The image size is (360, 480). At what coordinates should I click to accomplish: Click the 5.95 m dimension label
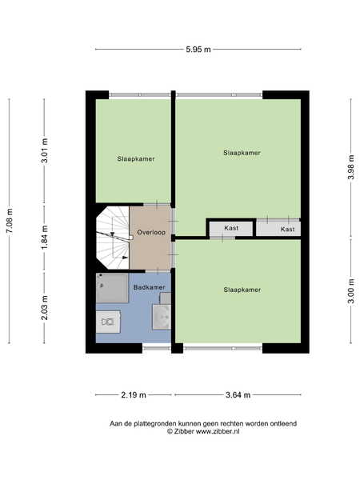[x=198, y=49]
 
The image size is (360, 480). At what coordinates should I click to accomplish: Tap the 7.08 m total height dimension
[x=10, y=221]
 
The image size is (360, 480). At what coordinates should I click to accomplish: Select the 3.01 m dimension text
[x=45, y=150]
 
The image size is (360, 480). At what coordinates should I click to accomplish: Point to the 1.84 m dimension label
[x=45, y=238]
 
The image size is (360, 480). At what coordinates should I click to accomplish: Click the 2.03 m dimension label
[x=45, y=307]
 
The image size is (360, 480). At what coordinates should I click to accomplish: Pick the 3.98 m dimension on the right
[x=351, y=167]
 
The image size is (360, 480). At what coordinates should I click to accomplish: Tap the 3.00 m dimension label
[x=351, y=291]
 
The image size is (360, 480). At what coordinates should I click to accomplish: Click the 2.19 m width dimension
[x=134, y=395]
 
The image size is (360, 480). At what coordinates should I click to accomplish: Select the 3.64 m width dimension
[x=238, y=395]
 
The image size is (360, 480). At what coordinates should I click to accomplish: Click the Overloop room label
[x=151, y=232]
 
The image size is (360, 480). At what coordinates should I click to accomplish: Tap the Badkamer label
[x=150, y=287]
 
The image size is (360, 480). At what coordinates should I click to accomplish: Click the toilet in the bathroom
[x=108, y=322]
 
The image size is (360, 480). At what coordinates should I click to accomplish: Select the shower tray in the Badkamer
[x=112, y=288]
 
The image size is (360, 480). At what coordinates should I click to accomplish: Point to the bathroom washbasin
[x=162, y=317]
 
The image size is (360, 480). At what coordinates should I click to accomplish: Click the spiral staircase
[x=113, y=238]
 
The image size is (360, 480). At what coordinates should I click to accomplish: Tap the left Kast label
[x=231, y=228]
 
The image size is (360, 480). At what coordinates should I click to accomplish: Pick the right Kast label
[x=288, y=229]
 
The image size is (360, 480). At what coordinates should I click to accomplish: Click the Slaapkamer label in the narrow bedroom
[x=136, y=159]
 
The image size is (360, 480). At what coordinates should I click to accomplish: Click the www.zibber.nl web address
[x=218, y=432]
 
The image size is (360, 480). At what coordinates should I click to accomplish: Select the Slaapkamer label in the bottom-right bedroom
[x=242, y=290]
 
